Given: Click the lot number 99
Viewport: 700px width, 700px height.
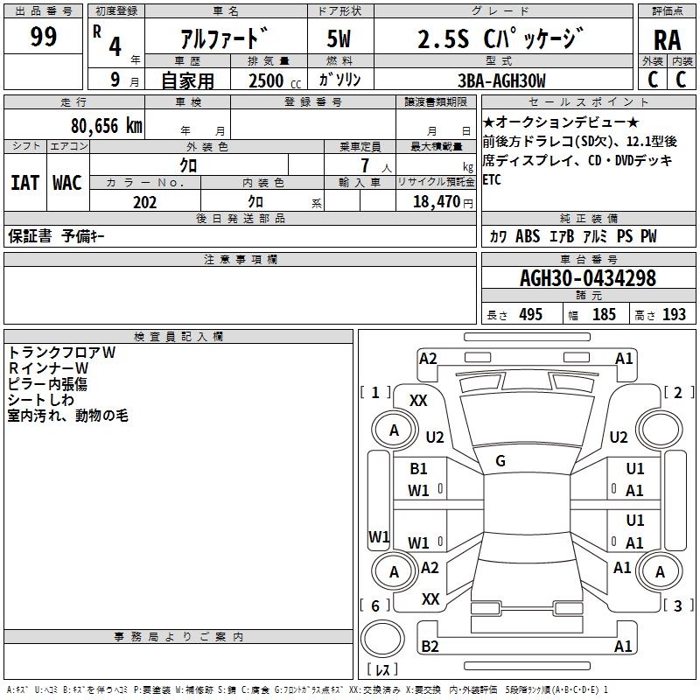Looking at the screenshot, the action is [x=43, y=37].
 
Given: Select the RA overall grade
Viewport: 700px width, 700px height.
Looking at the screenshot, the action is [x=667, y=40].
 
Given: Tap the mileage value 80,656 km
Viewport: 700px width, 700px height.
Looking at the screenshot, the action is [x=107, y=126].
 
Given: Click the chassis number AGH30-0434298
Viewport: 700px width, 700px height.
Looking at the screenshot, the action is [x=588, y=278].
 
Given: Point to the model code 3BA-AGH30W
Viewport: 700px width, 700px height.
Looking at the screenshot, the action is [x=501, y=80].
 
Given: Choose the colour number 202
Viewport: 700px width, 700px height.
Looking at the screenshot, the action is [x=144, y=202].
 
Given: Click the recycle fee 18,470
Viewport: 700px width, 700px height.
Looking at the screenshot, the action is [x=437, y=202].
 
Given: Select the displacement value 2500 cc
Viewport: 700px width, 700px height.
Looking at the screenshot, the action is [x=275, y=80].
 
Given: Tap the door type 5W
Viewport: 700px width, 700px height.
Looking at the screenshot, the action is [x=339, y=38].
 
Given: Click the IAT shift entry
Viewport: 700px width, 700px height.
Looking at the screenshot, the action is [x=24, y=183].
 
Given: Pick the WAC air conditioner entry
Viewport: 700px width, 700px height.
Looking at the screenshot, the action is [x=67, y=183].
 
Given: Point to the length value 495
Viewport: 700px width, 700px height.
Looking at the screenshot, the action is [x=531, y=314].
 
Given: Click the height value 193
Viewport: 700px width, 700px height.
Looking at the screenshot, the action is [x=674, y=314].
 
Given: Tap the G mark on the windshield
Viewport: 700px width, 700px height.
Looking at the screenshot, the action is [x=500, y=461].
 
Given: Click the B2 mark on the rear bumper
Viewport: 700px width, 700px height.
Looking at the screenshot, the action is [x=430, y=646].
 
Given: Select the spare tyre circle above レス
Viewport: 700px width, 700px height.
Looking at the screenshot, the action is [x=382, y=639].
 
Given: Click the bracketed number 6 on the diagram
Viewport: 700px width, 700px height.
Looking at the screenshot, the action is [x=375, y=605].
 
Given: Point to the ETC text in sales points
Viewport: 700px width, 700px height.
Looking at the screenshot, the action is [x=492, y=179].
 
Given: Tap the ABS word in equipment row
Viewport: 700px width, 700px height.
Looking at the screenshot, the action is [x=528, y=235].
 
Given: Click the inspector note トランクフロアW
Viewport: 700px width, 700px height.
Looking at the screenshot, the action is [x=61, y=353].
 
